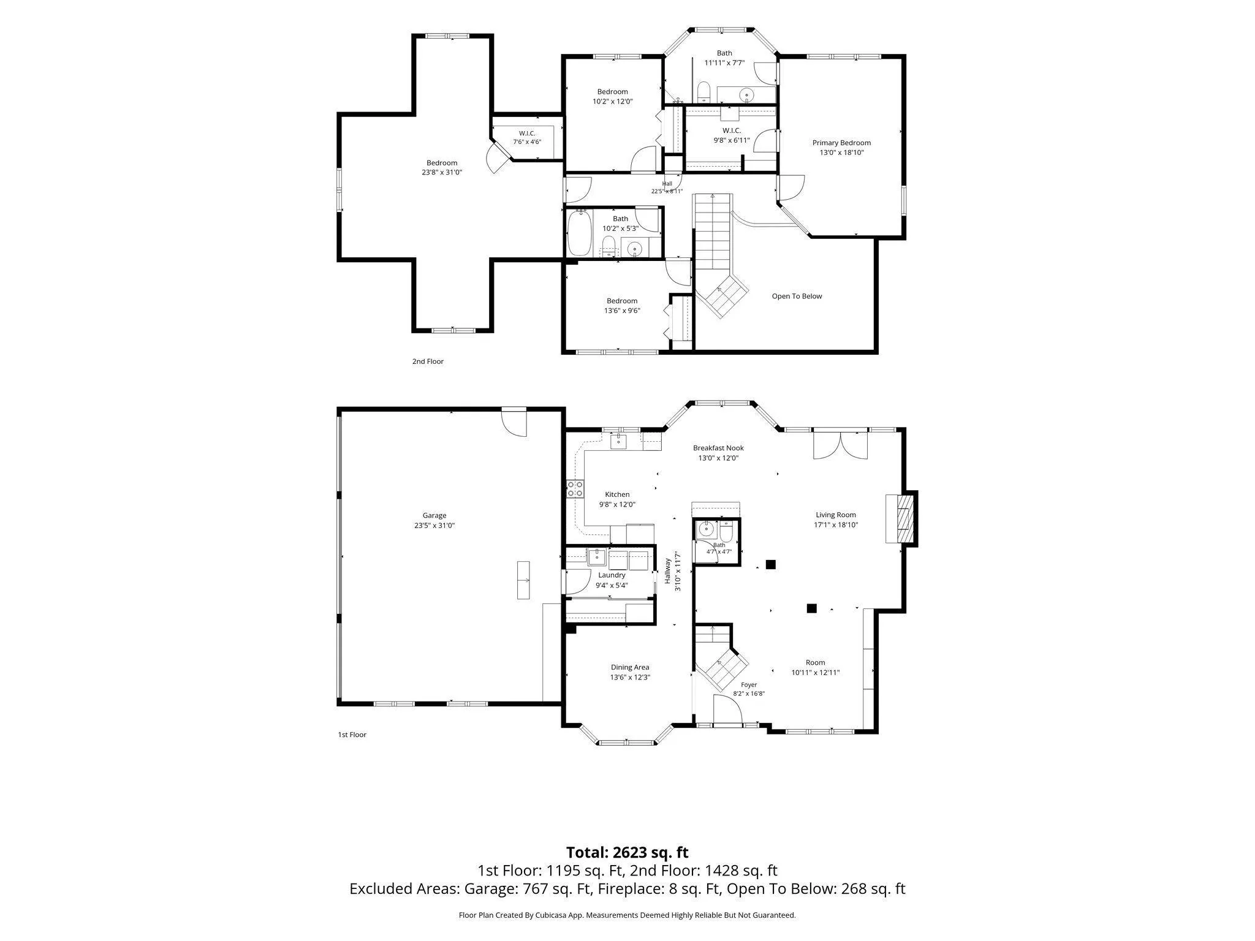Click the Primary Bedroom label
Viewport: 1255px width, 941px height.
click(841, 143)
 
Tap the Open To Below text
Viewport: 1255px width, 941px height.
click(797, 297)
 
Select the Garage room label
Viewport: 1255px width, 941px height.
click(434, 516)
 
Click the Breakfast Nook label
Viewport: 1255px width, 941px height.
click(718, 448)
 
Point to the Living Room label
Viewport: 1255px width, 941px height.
click(836, 515)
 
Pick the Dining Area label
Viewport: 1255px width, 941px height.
click(630, 668)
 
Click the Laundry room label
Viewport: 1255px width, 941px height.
click(612, 575)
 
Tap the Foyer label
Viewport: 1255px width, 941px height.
click(749, 685)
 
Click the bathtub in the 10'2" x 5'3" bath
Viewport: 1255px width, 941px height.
click(579, 233)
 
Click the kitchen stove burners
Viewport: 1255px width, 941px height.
click(575, 488)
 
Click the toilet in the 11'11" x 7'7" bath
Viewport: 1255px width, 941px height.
click(703, 93)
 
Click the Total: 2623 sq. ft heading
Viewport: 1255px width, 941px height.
click(627, 853)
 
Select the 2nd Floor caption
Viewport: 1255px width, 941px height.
click(428, 361)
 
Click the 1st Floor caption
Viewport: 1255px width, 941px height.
click(352, 735)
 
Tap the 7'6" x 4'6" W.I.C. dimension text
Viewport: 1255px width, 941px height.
click(527, 142)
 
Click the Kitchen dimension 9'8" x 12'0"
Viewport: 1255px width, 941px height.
click(617, 505)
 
